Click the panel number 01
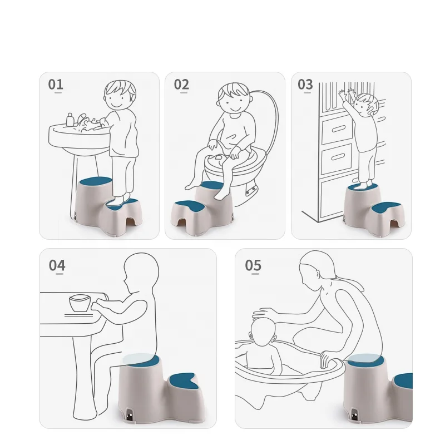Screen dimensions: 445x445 (x=56, y=85)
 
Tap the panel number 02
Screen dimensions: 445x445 (x=181, y=85)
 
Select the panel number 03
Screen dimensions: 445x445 (x=305, y=85)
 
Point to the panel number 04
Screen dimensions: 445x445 (x=57, y=265)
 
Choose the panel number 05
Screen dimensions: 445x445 (x=253, y=265)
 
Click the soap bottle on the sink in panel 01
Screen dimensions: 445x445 (x=70, y=120)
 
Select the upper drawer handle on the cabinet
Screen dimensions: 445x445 (x=339, y=129)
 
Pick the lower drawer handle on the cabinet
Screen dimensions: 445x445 (x=338, y=156)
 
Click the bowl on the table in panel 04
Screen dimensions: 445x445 (x=80, y=303)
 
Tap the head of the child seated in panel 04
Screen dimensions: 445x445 (x=141, y=273)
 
